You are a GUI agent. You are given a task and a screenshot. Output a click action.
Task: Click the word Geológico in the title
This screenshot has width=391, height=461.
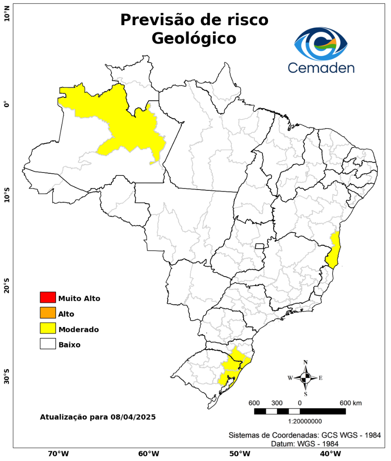194,38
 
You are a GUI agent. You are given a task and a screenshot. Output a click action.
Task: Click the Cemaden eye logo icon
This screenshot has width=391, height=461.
321,44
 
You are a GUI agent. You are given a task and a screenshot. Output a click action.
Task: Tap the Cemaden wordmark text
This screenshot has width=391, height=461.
321,67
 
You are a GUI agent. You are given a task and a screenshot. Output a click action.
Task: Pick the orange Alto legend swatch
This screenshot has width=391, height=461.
48,313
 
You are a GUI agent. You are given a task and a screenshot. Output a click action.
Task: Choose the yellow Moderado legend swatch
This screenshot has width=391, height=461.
48,328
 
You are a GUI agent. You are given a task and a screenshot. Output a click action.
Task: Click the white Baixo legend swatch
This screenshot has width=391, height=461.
48,344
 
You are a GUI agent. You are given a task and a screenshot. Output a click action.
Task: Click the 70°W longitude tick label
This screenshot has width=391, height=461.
58,453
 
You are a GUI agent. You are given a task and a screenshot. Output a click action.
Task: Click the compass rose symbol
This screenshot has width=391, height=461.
306,378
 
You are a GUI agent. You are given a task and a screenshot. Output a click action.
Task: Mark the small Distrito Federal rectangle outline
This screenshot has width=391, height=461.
260,246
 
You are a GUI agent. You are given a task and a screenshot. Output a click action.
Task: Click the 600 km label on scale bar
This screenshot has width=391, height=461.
350,403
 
